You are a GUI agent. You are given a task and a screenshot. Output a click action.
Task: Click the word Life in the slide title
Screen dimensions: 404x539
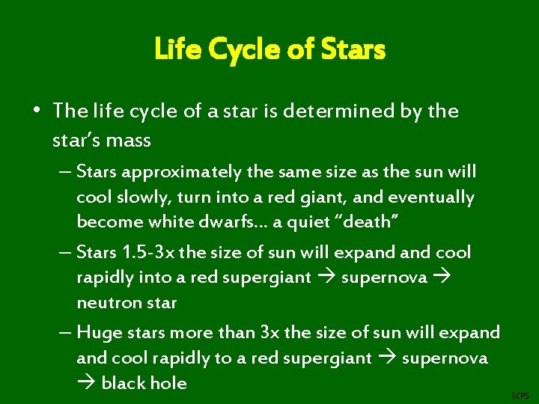coord(171,50)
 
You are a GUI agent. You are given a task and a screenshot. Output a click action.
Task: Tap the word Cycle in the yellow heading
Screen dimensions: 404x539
coord(229,50)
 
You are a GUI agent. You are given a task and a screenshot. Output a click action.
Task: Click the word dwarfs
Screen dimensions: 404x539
coord(219,222)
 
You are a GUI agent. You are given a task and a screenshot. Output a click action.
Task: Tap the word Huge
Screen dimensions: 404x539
coord(94,332)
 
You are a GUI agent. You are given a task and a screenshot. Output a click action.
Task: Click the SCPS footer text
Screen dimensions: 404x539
coord(520,395)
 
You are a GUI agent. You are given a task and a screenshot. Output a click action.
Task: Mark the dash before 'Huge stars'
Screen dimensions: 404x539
coord(67,332)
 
